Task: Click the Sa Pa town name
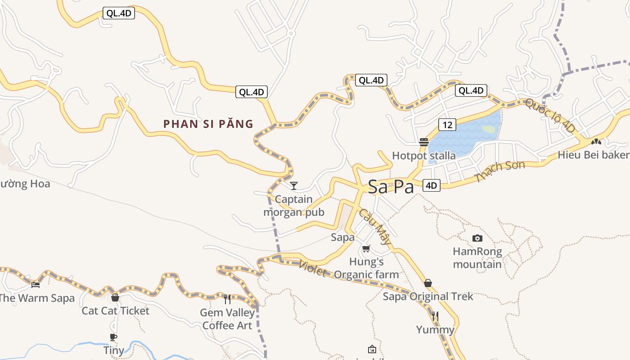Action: (391, 187)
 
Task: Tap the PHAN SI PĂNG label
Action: (208, 124)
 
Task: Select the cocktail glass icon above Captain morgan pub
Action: (294, 185)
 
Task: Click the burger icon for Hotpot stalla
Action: (424, 142)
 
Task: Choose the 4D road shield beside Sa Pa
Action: (431, 185)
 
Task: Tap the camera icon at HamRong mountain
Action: (477, 238)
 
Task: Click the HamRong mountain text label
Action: (477, 258)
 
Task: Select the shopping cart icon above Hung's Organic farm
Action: (366, 248)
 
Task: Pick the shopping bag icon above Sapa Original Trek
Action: (428, 283)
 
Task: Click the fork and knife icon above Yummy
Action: (435, 316)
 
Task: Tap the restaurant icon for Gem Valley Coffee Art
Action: (227, 299)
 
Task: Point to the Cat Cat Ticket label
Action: (115, 311)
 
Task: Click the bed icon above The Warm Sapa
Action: (36, 284)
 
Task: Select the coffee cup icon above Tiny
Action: (113, 337)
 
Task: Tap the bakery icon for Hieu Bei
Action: (596, 141)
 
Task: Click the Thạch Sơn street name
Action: (499, 171)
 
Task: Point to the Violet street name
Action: (312, 269)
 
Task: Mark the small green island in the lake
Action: (488, 130)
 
